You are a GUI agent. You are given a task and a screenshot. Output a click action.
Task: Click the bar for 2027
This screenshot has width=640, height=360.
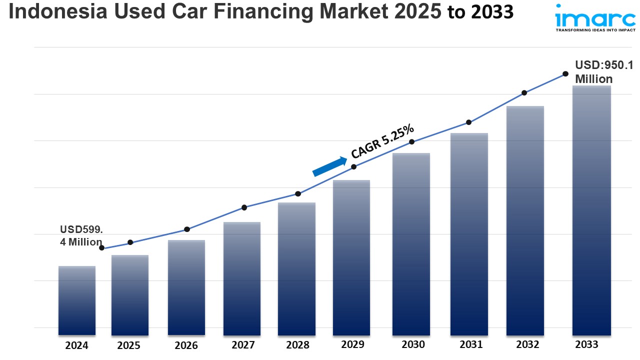(x=242, y=278)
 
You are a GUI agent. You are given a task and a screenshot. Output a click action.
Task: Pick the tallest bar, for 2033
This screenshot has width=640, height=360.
(x=591, y=210)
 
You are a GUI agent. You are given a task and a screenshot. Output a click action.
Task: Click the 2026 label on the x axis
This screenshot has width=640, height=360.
(x=186, y=345)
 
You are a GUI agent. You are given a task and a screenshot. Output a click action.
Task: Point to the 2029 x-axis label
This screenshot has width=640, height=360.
(x=352, y=344)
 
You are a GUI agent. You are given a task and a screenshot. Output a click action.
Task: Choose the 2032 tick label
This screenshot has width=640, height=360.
(x=527, y=344)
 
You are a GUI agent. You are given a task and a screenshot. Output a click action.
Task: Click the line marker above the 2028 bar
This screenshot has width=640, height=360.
(x=298, y=193)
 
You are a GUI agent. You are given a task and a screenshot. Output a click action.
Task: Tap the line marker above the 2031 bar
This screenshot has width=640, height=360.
(x=469, y=122)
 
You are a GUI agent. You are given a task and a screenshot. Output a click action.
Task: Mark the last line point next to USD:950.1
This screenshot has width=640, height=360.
(x=565, y=73)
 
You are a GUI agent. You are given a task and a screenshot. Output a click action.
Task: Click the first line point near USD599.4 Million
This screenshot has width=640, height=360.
(x=102, y=248)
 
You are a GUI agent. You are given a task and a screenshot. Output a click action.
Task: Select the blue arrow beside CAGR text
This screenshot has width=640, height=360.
(x=329, y=166)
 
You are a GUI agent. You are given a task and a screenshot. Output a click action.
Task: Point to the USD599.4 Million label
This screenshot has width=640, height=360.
(x=81, y=235)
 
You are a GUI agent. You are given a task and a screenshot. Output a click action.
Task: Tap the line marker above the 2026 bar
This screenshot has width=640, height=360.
(x=187, y=229)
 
